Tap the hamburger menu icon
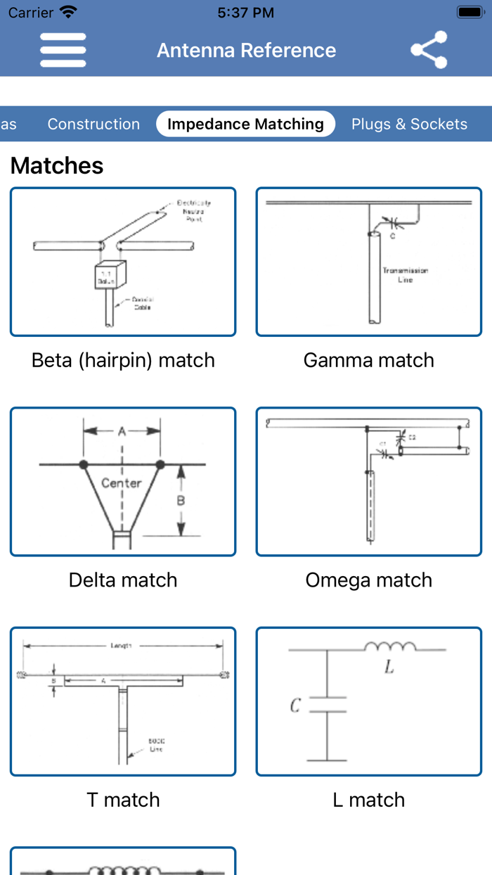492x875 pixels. click(x=63, y=50)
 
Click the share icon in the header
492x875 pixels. click(x=429, y=50)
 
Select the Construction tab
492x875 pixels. click(x=93, y=124)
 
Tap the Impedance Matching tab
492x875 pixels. click(x=245, y=124)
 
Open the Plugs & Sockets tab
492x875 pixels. click(x=409, y=124)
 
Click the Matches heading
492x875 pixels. click(x=57, y=166)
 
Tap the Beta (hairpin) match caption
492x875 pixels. click(x=123, y=360)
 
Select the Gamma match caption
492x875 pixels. click(x=368, y=360)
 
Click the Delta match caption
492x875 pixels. click(x=123, y=580)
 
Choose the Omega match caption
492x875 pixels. click(x=368, y=580)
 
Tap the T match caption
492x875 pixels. click(x=123, y=800)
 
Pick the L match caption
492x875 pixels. click(x=368, y=800)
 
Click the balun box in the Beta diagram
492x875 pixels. click(x=110, y=277)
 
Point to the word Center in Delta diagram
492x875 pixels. click(x=121, y=483)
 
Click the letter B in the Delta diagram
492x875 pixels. click(x=181, y=501)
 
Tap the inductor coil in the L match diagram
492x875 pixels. click(x=390, y=646)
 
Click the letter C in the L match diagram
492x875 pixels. click(x=296, y=705)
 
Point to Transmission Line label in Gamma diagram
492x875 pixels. click(x=405, y=274)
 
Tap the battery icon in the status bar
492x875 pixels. click(x=470, y=13)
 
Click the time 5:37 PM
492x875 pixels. click(x=245, y=13)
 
